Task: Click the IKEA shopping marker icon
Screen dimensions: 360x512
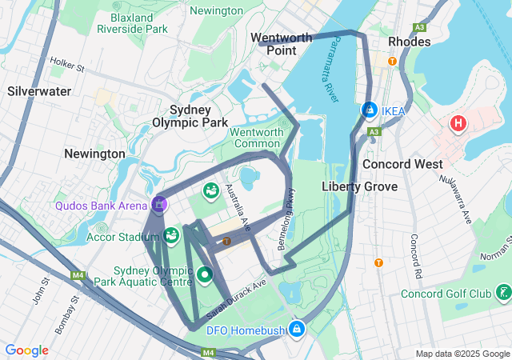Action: click(x=370, y=110)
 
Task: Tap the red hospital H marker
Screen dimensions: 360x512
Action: click(x=458, y=124)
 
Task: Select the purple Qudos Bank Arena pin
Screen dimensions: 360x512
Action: click(x=160, y=205)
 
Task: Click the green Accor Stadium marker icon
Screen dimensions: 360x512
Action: click(x=171, y=235)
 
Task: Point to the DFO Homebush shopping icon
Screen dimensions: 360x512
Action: click(x=297, y=328)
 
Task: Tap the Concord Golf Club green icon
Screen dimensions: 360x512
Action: click(x=502, y=293)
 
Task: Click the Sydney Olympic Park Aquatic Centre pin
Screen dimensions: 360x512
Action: click(x=205, y=275)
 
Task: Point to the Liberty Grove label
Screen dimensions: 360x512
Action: click(x=359, y=186)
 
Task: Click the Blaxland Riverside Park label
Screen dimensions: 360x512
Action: click(x=132, y=22)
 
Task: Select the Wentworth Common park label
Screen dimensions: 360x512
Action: click(x=258, y=138)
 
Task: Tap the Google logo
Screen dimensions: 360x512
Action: click(x=27, y=350)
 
